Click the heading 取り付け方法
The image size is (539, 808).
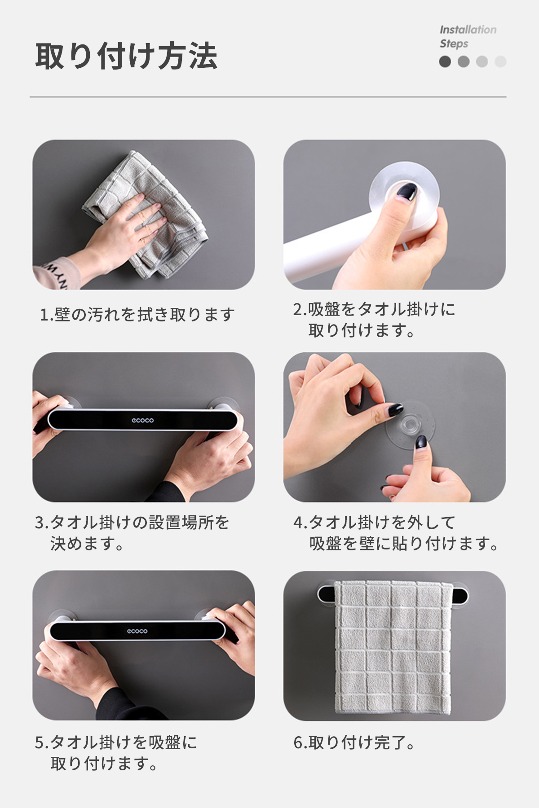(126, 56)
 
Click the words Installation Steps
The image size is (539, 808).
(468, 37)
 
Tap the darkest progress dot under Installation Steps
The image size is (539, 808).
(445, 61)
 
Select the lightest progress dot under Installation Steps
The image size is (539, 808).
(500, 61)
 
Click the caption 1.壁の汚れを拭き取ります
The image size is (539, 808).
(137, 315)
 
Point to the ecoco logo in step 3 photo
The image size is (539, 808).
(143, 420)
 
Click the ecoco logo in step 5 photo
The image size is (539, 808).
(137, 631)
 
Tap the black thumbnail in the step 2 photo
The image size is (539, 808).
(406, 192)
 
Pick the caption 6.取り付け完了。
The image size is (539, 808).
(354, 743)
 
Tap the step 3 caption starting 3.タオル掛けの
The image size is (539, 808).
(132, 533)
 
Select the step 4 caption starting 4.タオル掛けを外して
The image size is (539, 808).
(396, 533)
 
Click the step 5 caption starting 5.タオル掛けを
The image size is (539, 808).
(116, 753)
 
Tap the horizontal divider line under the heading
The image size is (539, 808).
(268, 97)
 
